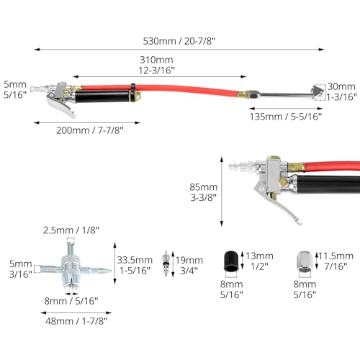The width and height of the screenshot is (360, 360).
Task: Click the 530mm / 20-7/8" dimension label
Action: pyautogui.click(x=179, y=41)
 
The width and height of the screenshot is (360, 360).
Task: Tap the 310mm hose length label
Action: pyautogui.click(x=156, y=65)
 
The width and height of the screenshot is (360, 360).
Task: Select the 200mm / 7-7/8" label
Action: pyautogui.click(x=90, y=130)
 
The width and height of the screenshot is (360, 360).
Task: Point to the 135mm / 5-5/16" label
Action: pyautogui.click(x=286, y=117)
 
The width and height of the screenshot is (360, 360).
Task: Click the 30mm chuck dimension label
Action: pyautogui.click(x=341, y=91)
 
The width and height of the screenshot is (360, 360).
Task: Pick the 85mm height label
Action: pyautogui.click(x=204, y=192)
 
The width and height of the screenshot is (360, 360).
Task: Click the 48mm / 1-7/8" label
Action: pyautogui.click(x=76, y=321)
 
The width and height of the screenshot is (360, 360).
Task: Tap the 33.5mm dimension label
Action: pyautogui.click(x=135, y=265)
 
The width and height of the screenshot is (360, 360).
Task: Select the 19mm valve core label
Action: pyautogui.click(x=189, y=266)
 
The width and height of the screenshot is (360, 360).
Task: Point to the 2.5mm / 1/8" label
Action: pyautogui.click(x=71, y=230)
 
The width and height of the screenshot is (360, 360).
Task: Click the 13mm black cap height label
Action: pyautogui.click(x=259, y=261)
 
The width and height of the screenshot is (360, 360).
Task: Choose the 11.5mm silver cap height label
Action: pyautogui.click(x=336, y=261)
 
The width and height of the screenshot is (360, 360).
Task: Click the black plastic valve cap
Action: pyautogui.click(x=231, y=261)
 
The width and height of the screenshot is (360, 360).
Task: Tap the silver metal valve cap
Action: pyautogui.click(x=305, y=261)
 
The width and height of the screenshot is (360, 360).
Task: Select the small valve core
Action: pyautogui.click(x=166, y=264)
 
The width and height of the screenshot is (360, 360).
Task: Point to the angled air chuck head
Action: pyautogui.click(x=318, y=92)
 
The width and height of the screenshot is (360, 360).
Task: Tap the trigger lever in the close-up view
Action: pyautogui.click(x=279, y=202)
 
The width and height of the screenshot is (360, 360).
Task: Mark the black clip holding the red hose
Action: pyautogui.click(x=132, y=87)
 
